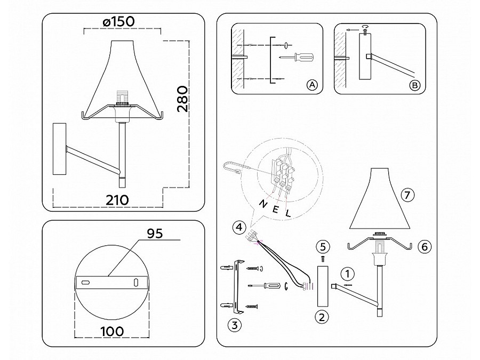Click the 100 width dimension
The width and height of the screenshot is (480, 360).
pyautogui.click(x=112, y=331)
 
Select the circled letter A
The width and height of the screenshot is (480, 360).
pyautogui.click(x=312, y=85)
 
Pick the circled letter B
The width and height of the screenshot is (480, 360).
pyautogui.click(x=414, y=85)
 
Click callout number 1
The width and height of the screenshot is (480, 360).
pyautogui.click(x=347, y=274)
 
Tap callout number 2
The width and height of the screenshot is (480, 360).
pyautogui.click(x=321, y=317)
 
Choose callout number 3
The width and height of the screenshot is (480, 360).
pyautogui.click(x=233, y=324)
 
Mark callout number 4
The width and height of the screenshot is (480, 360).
pyautogui.click(x=239, y=228)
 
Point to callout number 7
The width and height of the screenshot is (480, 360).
pyautogui.click(x=408, y=195)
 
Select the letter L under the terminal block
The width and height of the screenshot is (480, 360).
pyautogui.click(x=289, y=213)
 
